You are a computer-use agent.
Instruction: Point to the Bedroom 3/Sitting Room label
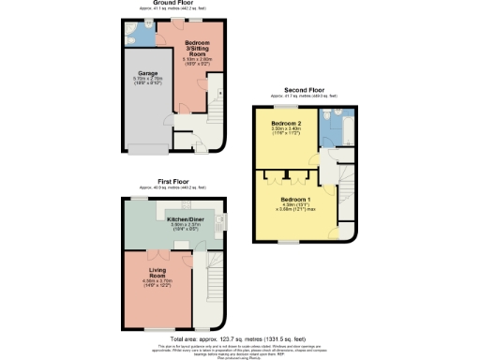click(x=196, y=48)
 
